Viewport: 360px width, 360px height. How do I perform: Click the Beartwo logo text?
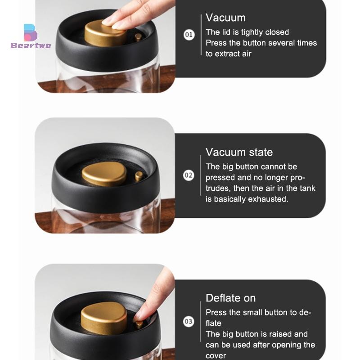(31, 45)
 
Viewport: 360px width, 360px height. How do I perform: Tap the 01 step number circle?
(189, 35)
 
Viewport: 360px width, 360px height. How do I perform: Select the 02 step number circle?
(189, 175)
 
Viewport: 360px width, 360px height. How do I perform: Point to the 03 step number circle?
(189, 321)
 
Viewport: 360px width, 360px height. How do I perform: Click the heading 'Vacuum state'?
(239, 152)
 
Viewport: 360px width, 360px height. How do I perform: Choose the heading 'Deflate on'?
(230, 298)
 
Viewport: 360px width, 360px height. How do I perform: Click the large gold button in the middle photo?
(104, 174)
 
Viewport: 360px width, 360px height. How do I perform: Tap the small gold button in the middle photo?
(139, 176)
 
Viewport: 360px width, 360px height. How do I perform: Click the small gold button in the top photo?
(138, 37)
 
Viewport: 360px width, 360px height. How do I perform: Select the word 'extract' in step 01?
(228, 54)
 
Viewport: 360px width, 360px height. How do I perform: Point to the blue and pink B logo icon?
(30, 32)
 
